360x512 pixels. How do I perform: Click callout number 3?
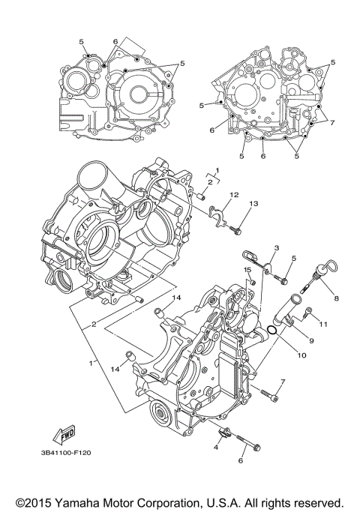[276, 248]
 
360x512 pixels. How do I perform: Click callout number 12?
[233, 195]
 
